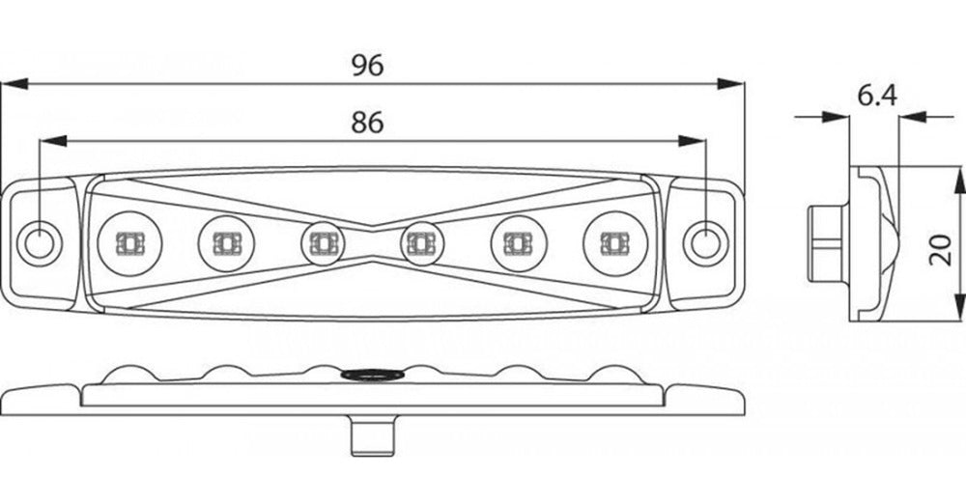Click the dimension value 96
368,66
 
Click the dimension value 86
367,123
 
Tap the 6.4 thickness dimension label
877,96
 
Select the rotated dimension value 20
941,249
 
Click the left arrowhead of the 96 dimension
14,84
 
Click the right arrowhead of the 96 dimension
730,84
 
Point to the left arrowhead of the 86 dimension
53,141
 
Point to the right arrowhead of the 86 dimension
692,141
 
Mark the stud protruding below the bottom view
373,436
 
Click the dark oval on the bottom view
373,374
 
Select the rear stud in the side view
829,244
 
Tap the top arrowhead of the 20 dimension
960,180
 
